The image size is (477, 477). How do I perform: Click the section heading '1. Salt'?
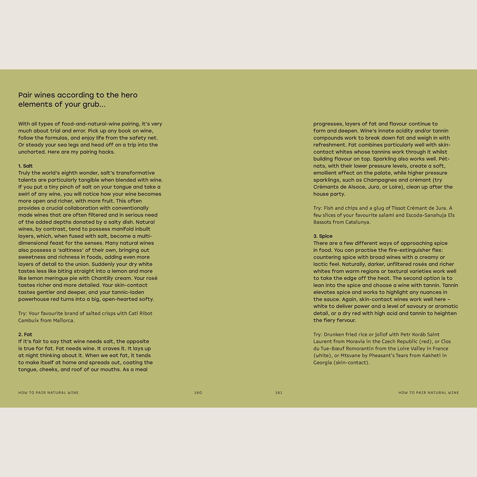pyautogui.click(x=26, y=166)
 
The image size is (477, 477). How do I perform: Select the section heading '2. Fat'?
pyautogui.click(x=25, y=334)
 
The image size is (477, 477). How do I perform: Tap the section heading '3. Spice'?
pyautogui.click(x=323, y=236)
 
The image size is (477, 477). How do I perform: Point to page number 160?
pyautogui.click(x=198, y=393)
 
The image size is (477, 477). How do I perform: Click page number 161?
pyautogui.click(x=279, y=393)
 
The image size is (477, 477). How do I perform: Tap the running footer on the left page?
pyautogui.click(x=48, y=393)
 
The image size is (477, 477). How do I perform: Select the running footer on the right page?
pyautogui.click(x=429, y=393)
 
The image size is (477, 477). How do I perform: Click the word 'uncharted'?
pyautogui.click(x=33, y=152)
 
